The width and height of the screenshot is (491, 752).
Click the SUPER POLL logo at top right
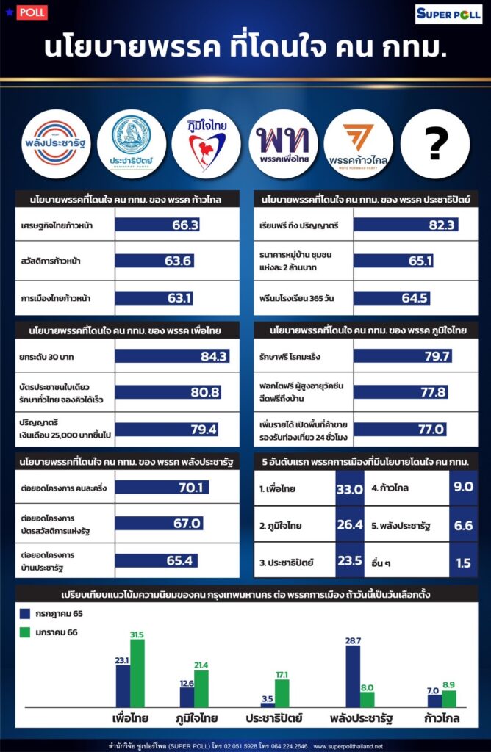[x=449, y=14]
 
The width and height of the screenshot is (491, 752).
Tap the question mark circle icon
[x=435, y=144]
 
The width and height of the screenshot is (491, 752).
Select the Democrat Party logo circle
[x=131, y=144]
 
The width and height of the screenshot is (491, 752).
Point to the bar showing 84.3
[x=173, y=356]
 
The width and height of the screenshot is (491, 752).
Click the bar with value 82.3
[x=406, y=225]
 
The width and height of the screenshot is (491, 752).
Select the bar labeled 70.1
[x=162, y=487]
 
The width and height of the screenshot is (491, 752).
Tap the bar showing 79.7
[x=403, y=356]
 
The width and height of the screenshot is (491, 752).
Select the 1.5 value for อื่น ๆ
[x=463, y=563]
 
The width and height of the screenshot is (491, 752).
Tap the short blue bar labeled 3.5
[x=268, y=704]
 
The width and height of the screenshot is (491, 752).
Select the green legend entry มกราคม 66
[x=51, y=632]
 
